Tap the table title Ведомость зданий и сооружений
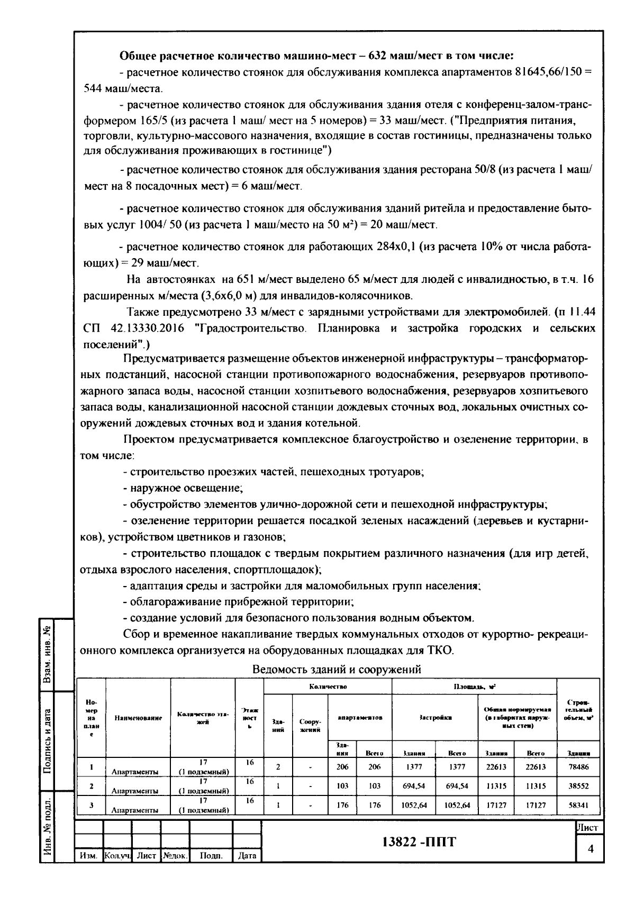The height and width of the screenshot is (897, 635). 337,670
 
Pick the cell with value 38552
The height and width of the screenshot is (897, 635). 578,786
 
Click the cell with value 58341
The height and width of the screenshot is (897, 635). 578,806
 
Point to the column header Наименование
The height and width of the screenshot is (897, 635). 138,718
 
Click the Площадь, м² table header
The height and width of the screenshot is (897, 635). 474,687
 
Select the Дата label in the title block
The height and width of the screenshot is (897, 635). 247,855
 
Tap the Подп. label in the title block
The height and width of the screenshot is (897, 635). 211,855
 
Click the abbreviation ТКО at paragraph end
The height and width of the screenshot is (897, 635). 442,650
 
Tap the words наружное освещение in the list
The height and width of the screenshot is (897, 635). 186,488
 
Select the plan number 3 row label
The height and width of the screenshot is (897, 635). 92,806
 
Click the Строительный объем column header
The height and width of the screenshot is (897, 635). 578,710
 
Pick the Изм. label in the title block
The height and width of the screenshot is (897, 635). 88,855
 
